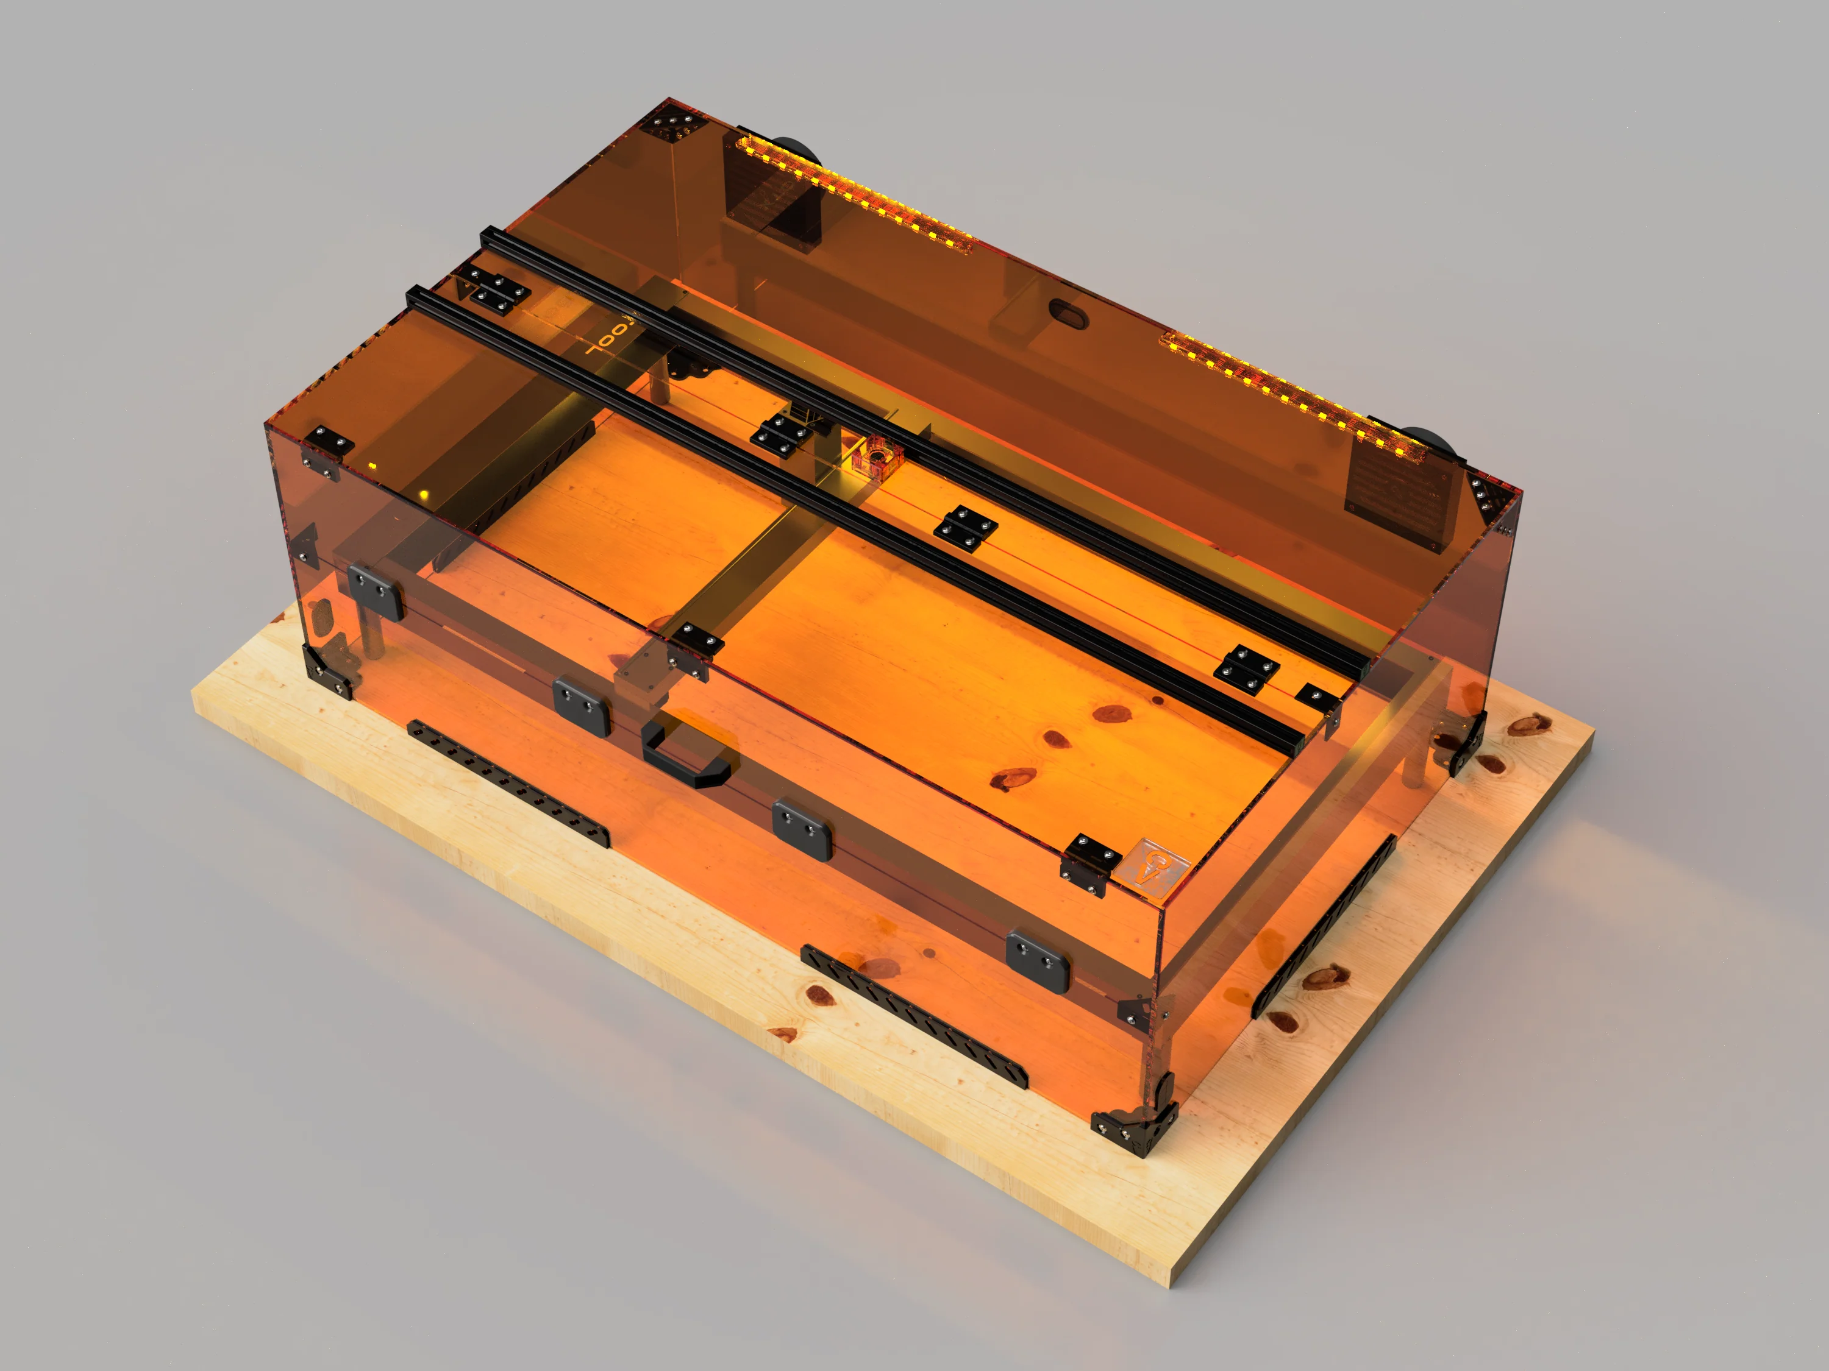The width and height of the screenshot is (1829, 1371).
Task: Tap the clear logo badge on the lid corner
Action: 1161,867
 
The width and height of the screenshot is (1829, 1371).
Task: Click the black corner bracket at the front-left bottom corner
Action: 329,672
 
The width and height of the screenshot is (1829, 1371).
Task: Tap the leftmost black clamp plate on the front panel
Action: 374,591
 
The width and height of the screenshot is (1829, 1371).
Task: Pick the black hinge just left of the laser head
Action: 780,434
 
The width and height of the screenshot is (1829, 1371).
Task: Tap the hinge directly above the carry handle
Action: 694,650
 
